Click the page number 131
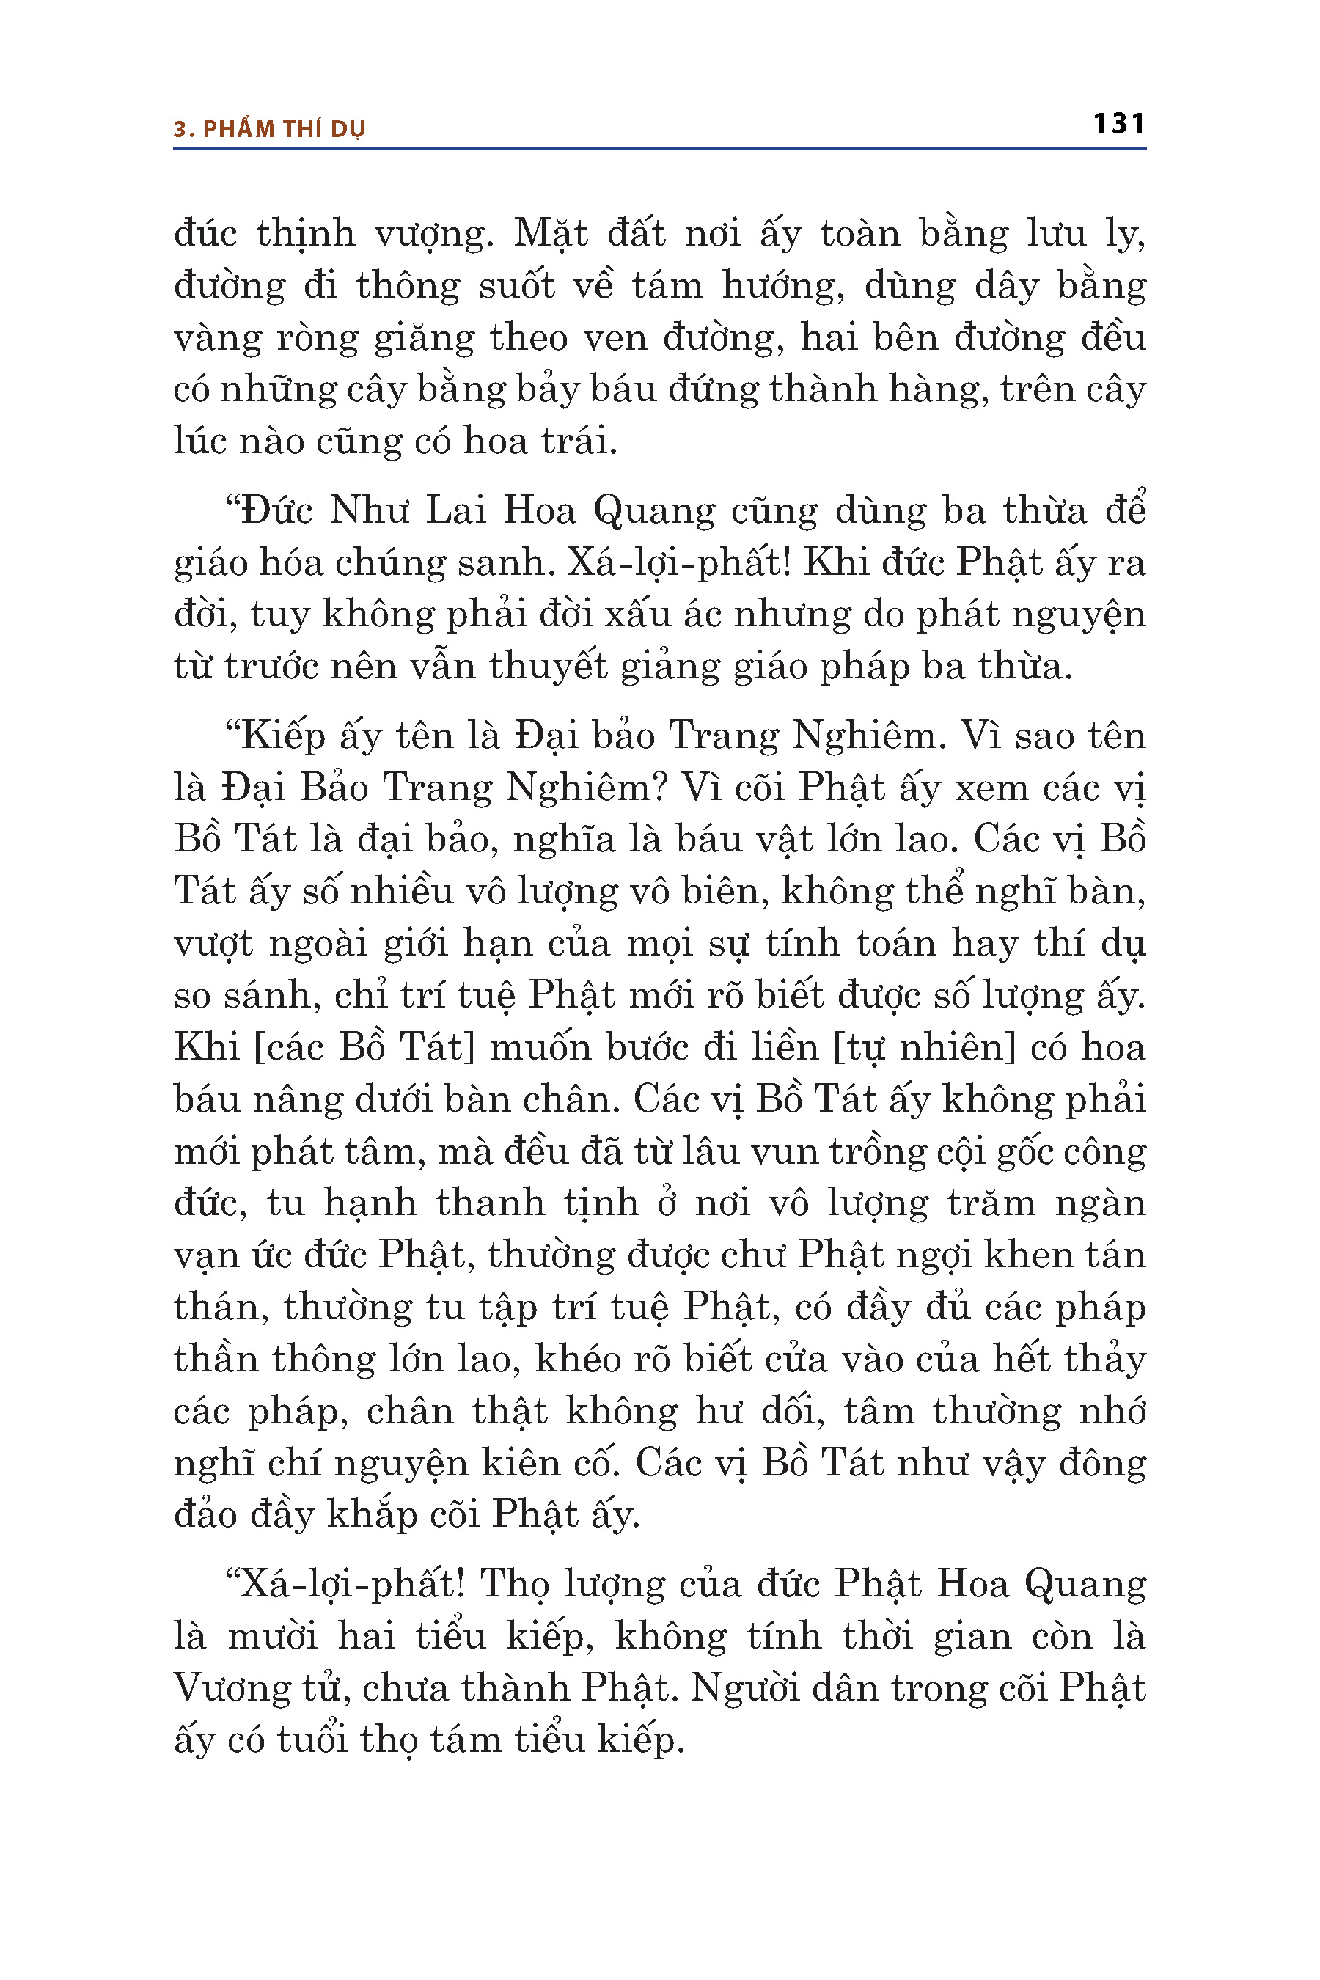coord(1119,125)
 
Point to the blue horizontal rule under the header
coord(659,149)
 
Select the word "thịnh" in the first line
coord(306,234)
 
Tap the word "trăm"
coord(991,1204)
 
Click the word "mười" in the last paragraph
coord(273,1637)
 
